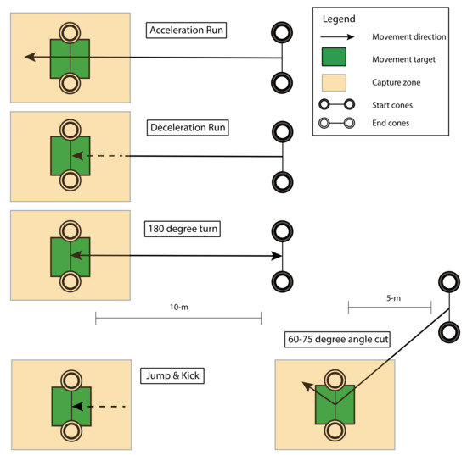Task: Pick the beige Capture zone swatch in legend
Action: [336, 82]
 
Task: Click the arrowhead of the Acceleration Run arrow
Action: [30, 57]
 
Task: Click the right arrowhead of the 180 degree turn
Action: [277, 255]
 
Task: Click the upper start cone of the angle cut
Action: [448, 282]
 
